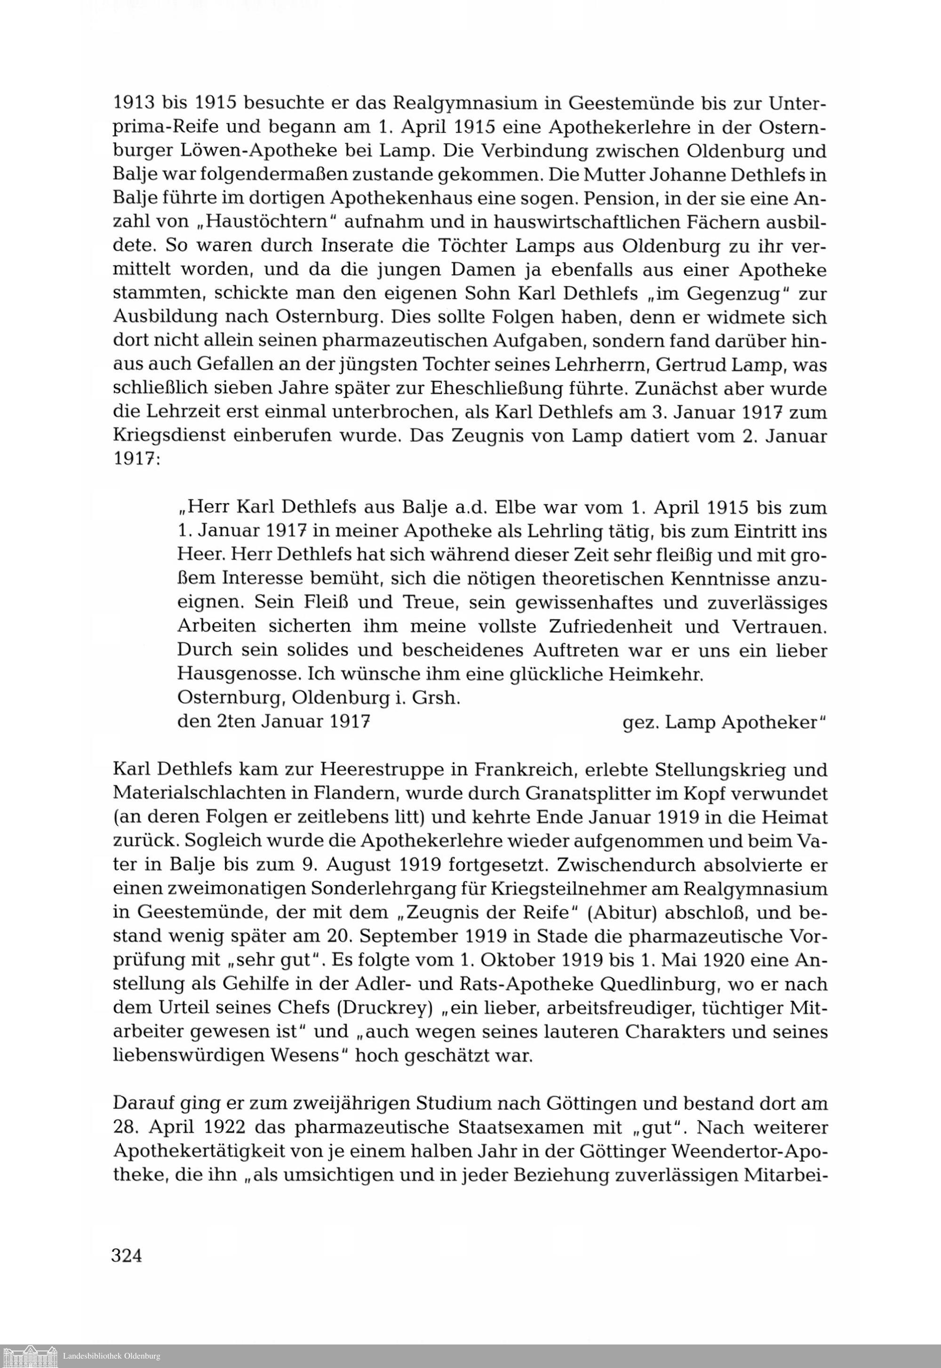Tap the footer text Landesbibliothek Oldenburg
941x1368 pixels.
pos(112,1356)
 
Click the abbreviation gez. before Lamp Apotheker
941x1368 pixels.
pos(639,722)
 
